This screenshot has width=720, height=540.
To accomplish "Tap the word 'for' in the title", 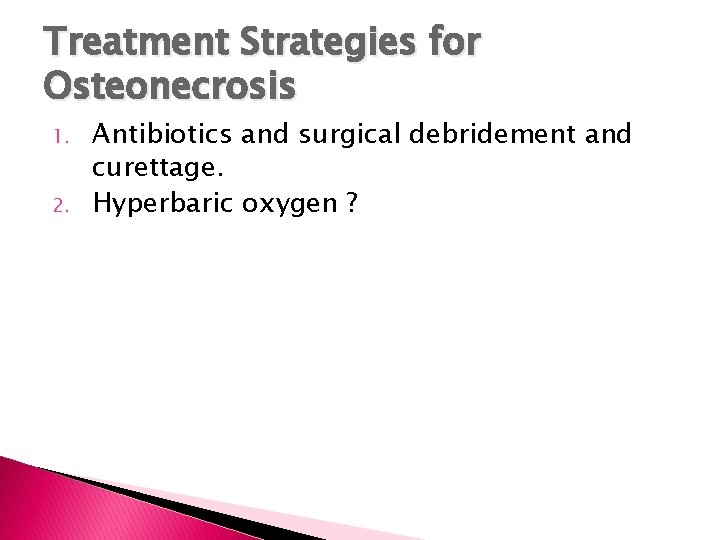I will click(x=453, y=44).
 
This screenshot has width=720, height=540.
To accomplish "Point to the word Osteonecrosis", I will click(x=170, y=88).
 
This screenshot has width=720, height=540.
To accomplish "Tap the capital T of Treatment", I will click(x=56, y=44).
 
